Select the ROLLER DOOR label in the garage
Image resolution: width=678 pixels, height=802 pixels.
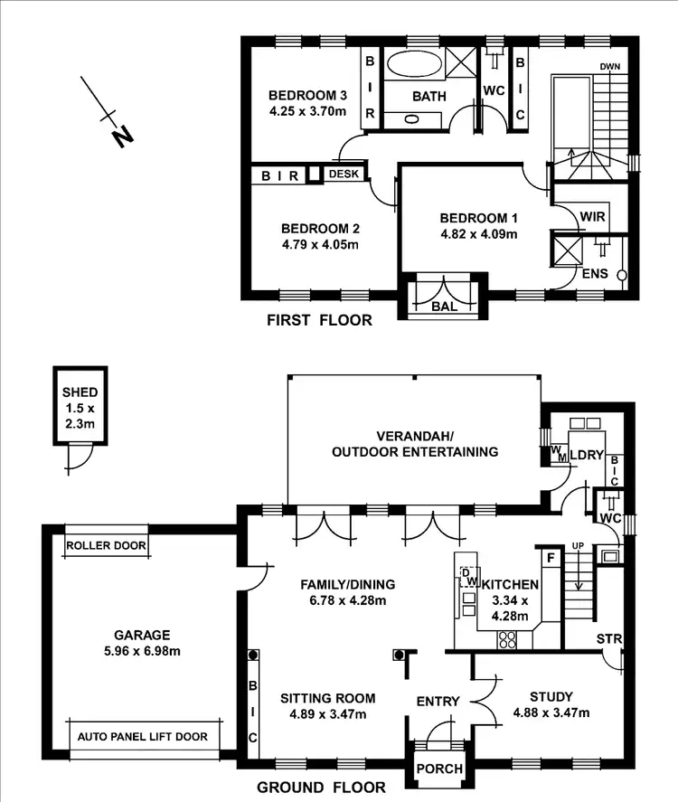pyautogui.click(x=106, y=545)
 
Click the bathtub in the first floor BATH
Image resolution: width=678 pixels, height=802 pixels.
pyautogui.click(x=412, y=67)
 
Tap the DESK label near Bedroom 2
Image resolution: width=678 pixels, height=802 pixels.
pyautogui.click(x=344, y=174)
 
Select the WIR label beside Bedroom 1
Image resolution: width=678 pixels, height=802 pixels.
pyautogui.click(x=592, y=218)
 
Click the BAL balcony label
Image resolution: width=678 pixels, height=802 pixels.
pyautogui.click(x=443, y=306)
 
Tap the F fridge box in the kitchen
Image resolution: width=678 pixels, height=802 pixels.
pyautogui.click(x=549, y=557)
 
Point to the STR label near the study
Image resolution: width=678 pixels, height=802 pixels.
pyautogui.click(x=609, y=640)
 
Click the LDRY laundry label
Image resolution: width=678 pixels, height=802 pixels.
pyautogui.click(x=585, y=456)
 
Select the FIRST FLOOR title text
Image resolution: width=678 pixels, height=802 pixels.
pyautogui.click(x=319, y=320)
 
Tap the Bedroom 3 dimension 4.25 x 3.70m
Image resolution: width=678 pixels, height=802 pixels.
pyautogui.click(x=307, y=112)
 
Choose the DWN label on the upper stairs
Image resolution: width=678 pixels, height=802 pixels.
pyautogui.click(x=611, y=66)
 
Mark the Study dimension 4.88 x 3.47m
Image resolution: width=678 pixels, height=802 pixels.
pyautogui.click(x=551, y=712)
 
